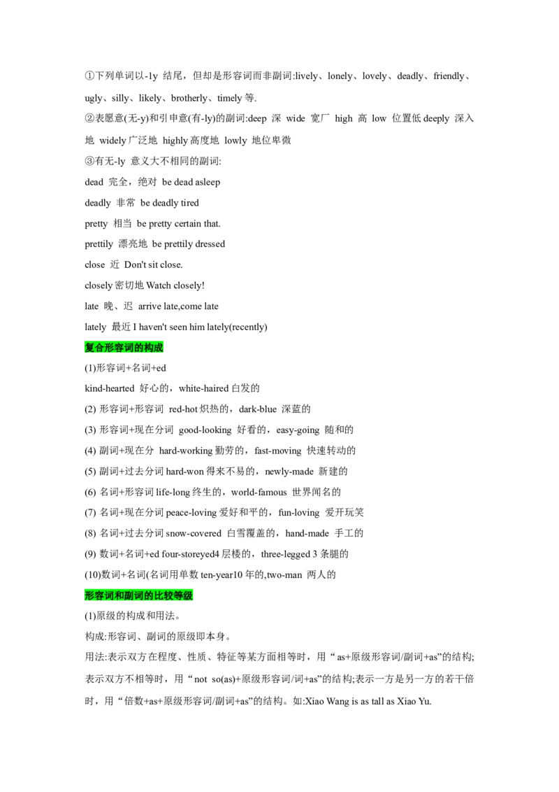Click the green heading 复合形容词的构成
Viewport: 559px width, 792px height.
(124, 348)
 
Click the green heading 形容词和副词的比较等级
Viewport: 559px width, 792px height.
(139, 595)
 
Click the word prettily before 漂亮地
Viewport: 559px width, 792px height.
(99, 244)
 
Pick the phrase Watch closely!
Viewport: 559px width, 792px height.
(175, 285)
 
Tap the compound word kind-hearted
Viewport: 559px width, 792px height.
(110, 388)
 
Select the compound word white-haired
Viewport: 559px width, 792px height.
(204, 388)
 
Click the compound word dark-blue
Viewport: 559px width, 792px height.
(258, 409)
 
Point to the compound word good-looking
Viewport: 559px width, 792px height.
(205, 430)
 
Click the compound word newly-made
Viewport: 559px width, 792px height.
(289, 472)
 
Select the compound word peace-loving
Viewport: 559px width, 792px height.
(191, 513)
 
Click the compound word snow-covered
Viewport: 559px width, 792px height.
(194, 533)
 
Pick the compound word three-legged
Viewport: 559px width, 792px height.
(286, 554)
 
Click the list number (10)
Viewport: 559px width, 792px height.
(93, 575)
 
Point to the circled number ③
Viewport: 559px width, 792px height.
(89, 161)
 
